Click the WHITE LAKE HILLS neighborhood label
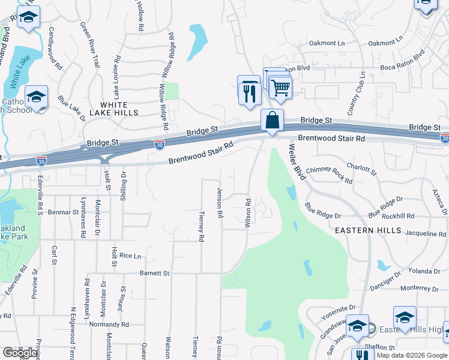(114, 109)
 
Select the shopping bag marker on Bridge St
(272, 120)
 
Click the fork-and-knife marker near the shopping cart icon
(249, 91)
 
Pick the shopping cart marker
(280, 88)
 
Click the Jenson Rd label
(220, 202)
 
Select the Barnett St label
(154, 273)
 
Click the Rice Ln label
(130, 256)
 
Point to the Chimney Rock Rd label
(329, 174)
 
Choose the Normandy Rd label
(108, 325)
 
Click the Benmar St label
(60, 212)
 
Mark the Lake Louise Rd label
(118, 77)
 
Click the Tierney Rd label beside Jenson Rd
(201, 226)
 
